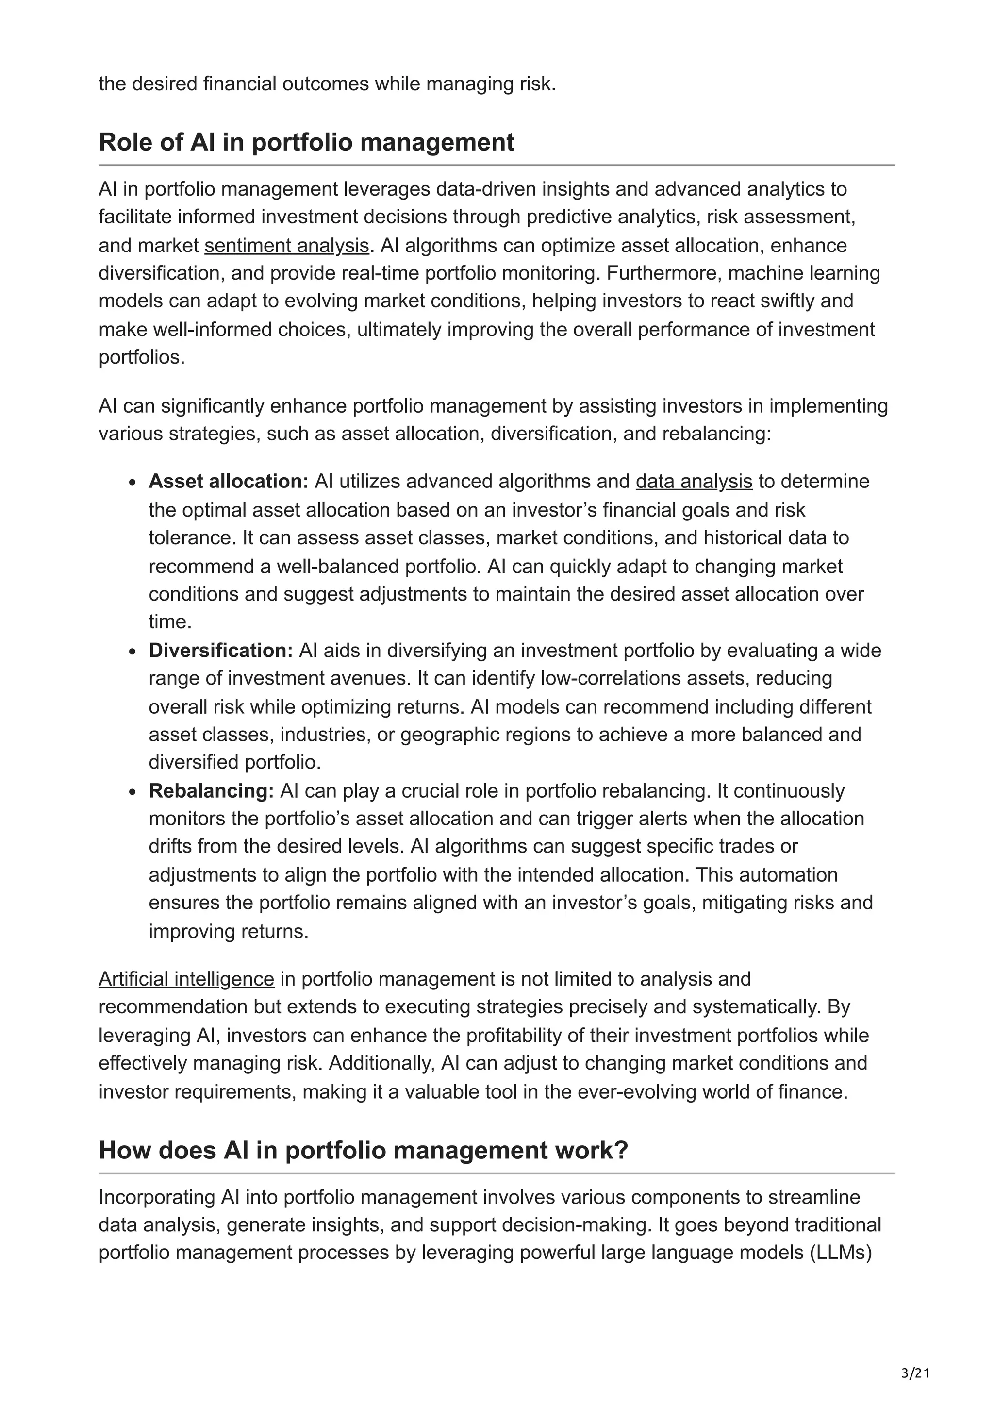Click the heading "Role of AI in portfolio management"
click(306, 142)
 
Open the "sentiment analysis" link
click(287, 245)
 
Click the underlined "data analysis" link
click(694, 481)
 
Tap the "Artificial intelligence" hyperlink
click(186, 979)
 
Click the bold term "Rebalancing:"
click(211, 790)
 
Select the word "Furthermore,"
click(655, 273)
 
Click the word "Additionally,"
click(382, 1063)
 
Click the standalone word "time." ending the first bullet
click(170, 621)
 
